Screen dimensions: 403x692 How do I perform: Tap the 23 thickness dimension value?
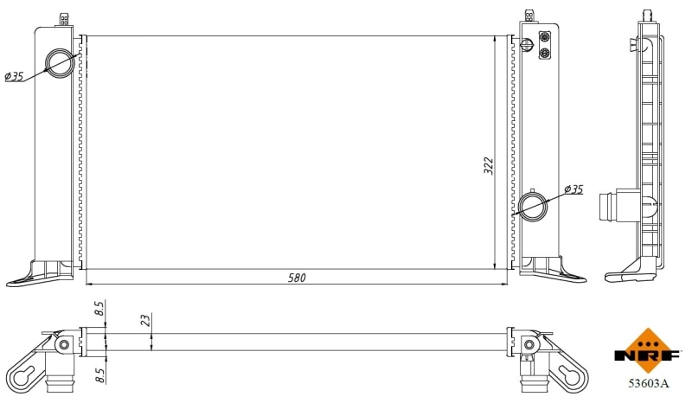[145, 320]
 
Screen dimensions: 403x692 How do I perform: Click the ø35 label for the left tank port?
[14, 77]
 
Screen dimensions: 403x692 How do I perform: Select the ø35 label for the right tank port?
[573, 189]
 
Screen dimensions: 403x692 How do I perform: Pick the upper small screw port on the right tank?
[545, 37]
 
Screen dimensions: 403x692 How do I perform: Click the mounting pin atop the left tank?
[62, 18]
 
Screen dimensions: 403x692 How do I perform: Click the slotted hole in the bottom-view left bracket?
[26, 374]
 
